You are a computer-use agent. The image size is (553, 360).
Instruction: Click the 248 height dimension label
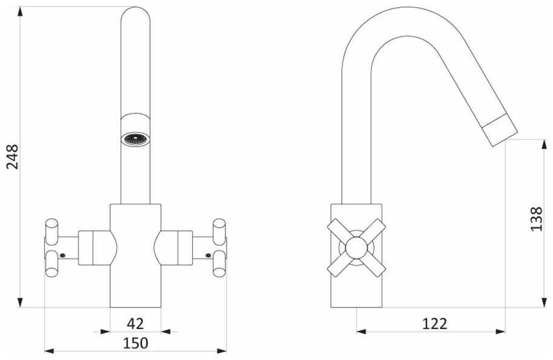point(12,156)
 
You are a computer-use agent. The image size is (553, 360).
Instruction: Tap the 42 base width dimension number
point(135,323)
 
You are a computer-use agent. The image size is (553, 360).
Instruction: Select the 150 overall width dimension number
point(135,343)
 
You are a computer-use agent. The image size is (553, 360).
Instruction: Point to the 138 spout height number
point(537,219)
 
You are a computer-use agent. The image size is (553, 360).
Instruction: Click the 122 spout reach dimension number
point(435,323)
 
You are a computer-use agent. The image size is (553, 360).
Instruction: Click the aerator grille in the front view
point(135,139)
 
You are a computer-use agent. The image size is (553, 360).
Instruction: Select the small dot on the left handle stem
point(63,256)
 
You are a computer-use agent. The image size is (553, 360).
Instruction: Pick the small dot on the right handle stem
point(208,256)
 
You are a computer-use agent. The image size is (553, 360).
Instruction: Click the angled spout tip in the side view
point(500,130)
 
